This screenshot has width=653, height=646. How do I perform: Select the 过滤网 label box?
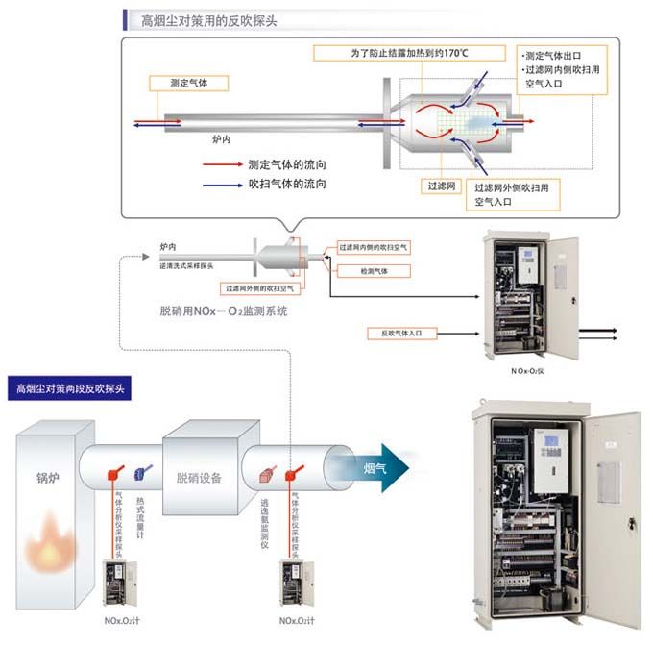443,185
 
